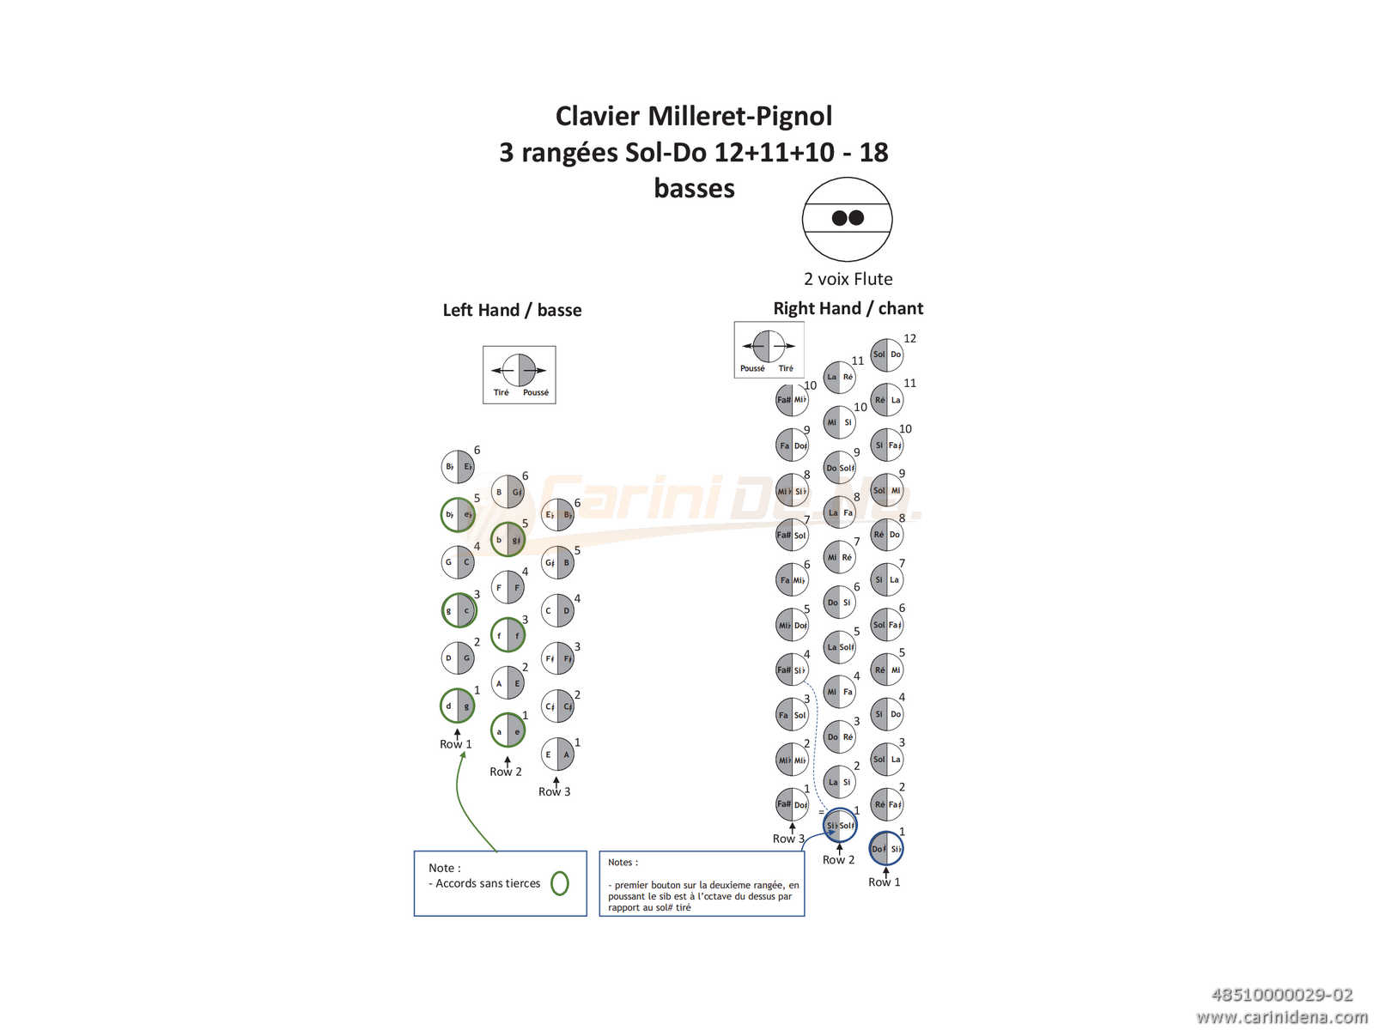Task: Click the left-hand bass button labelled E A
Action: tap(557, 755)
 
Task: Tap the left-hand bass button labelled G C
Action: tap(458, 563)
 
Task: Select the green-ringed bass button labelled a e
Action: tap(508, 731)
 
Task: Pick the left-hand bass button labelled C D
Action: tap(557, 611)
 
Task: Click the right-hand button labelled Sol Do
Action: tap(886, 354)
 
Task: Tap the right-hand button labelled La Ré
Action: tap(839, 377)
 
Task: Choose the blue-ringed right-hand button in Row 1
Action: tap(886, 849)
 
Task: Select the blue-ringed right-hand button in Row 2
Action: tap(839, 825)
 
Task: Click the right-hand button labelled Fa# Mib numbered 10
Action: tap(792, 399)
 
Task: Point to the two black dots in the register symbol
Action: tap(848, 218)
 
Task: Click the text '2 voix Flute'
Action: tap(848, 279)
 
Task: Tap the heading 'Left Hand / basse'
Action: tap(512, 310)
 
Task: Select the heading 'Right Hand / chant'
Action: tap(848, 308)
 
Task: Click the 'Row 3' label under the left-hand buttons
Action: tap(554, 791)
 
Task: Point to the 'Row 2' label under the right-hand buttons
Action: tap(838, 859)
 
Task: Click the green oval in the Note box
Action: tap(559, 882)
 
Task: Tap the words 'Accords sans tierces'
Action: tap(488, 883)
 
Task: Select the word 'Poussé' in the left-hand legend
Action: tap(536, 392)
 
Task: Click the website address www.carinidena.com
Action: tap(1281, 1017)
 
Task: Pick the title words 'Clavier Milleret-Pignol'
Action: tap(694, 116)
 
